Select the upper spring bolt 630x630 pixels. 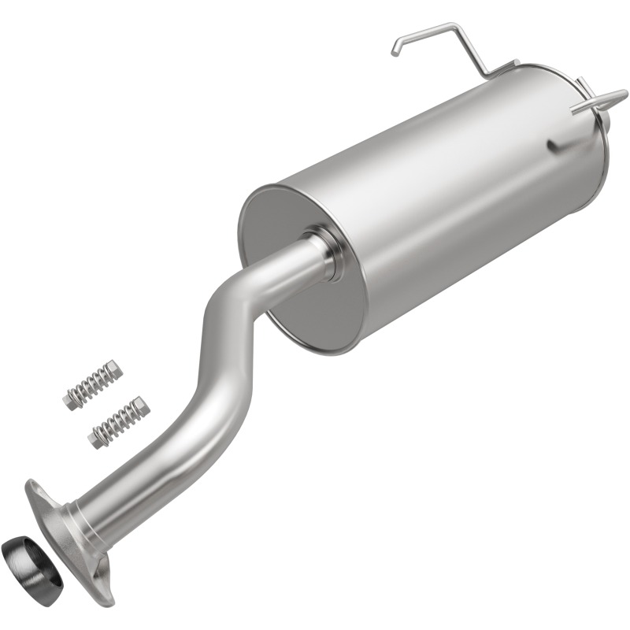click(x=93, y=384)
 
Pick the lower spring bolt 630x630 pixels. click(x=119, y=421)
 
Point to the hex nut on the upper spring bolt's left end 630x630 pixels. click(x=70, y=398)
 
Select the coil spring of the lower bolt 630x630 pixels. click(x=118, y=422)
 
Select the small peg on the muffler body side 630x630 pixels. click(x=554, y=145)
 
